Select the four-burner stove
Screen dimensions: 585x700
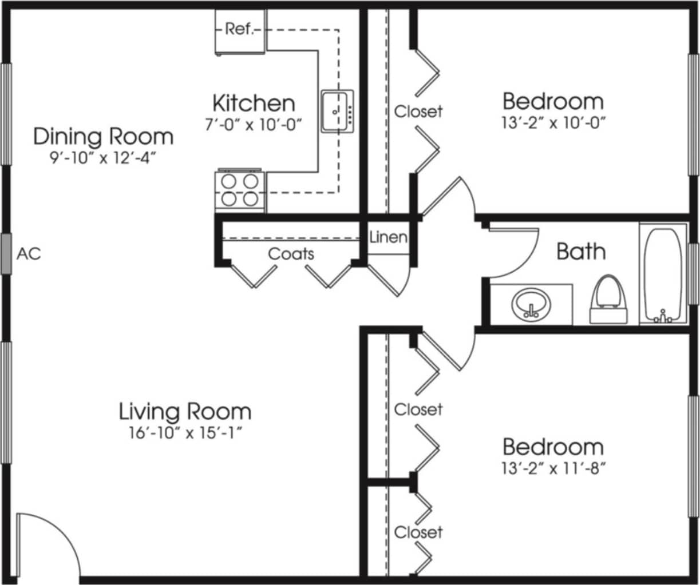(x=240, y=190)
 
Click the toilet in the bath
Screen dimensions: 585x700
(x=608, y=300)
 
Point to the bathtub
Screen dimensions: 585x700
(x=663, y=274)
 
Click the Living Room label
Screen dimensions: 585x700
(x=185, y=411)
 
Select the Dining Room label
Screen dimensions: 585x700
(x=103, y=136)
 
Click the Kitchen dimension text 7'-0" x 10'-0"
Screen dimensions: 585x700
(x=253, y=124)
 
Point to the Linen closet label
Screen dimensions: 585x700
(x=388, y=237)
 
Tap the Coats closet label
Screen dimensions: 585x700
(x=291, y=253)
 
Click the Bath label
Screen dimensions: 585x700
(x=580, y=251)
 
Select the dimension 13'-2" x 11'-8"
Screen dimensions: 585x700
(x=553, y=469)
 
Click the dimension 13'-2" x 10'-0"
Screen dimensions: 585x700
(x=553, y=123)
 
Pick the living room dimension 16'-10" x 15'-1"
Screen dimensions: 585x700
(x=185, y=432)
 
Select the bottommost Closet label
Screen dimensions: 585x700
(x=418, y=532)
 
